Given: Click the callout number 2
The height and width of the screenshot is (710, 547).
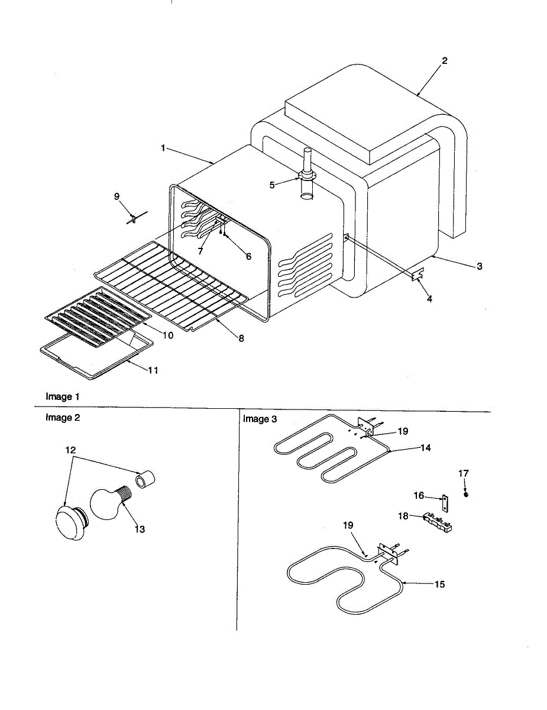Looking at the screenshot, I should point(445,60).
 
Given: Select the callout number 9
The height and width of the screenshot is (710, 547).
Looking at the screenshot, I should point(116,196).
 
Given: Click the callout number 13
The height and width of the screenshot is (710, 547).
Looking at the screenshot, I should point(140,529).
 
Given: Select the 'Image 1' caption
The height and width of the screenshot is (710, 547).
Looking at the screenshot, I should point(62,396).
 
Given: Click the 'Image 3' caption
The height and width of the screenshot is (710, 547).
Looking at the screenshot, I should point(260,419).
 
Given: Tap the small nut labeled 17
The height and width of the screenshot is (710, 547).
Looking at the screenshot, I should point(466,494).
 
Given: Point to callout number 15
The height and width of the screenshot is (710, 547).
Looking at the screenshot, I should point(439,585).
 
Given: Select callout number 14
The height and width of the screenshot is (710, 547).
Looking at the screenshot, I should point(425,448).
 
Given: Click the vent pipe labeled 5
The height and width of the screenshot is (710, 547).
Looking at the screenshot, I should point(308,177).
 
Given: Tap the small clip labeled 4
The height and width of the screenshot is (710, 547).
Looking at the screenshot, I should point(418,275).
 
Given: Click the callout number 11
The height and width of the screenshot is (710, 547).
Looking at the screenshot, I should point(153,370).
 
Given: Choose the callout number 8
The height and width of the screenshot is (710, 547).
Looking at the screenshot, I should point(241,338).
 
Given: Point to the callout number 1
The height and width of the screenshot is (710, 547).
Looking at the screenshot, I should point(163,148).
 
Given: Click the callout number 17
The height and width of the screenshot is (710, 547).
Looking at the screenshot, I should point(464,473).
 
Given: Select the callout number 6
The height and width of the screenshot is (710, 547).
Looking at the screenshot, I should point(248,256).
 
